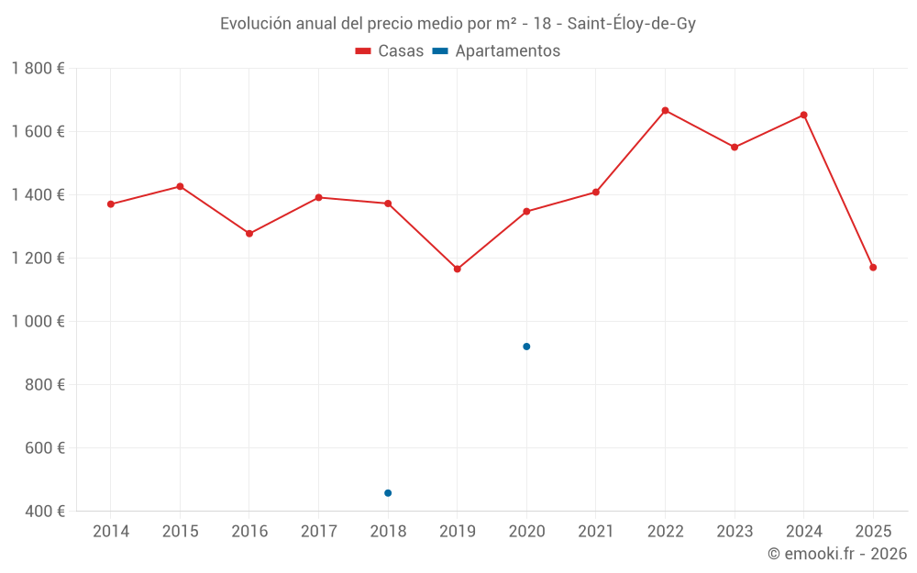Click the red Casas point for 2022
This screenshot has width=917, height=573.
tap(665, 111)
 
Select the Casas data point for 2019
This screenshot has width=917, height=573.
tap(458, 269)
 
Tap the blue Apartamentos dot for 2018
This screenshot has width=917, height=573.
tap(388, 493)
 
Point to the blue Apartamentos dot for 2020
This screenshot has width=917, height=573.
tap(526, 347)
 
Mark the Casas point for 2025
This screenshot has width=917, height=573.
tap(873, 268)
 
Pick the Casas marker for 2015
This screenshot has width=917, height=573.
tap(180, 186)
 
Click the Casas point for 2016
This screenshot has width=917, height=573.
tap(249, 234)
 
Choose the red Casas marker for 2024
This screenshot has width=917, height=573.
tap(803, 115)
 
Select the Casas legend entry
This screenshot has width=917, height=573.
tap(390, 51)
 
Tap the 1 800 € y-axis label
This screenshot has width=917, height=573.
tap(38, 69)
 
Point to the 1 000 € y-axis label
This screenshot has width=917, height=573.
tap(38, 322)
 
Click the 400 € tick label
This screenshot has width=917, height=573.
tap(45, 511)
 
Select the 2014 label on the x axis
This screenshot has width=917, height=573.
tap(111, 532)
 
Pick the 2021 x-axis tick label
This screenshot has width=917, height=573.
tap(596, 532)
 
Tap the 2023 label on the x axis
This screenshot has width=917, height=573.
tap(735, 532)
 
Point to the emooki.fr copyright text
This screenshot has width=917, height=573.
tap(836, 554)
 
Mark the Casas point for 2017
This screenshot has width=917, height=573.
tap(318, 197)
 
